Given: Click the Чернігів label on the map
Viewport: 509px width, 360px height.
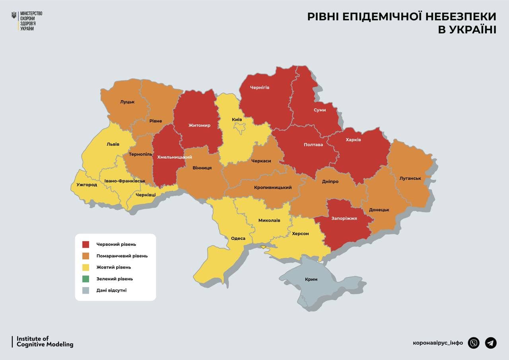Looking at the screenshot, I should (260, 87).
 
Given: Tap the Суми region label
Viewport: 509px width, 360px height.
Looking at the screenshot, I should (319, 110).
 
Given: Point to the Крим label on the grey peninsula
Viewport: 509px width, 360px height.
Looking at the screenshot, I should (311, 279).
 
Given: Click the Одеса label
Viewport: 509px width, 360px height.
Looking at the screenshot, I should (238, 239).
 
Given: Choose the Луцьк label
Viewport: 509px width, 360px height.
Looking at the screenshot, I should (127, 101).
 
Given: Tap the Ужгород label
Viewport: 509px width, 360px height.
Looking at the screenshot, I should (87, 185).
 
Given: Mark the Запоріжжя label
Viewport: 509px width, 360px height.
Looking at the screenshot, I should (344, 218).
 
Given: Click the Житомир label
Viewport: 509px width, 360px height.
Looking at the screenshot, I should (199, 125).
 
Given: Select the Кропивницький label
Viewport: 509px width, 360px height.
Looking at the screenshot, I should (273, 187).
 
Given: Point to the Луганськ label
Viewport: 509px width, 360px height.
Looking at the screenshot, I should (410, 178).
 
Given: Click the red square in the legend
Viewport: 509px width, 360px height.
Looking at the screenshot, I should (86, 244).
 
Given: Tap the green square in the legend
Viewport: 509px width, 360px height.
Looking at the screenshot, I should (86, 279).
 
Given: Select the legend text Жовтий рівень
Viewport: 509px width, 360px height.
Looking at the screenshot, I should (113, 267).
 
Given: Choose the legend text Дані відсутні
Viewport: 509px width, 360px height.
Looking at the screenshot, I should (111, 290).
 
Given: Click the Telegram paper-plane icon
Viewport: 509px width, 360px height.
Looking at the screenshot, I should (491, 342).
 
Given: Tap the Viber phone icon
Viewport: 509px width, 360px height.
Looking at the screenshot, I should (474, 342).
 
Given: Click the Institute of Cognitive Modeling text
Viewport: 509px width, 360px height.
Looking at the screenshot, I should (45, 342).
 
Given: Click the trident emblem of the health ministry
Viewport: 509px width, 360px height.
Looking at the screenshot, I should (14, 15).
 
